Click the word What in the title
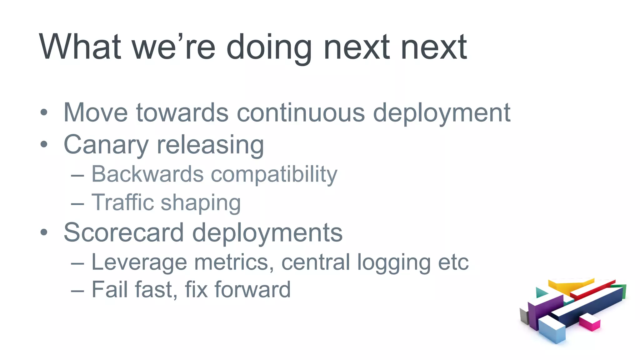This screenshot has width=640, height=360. (80, 47)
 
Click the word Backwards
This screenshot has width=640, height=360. (147, 174)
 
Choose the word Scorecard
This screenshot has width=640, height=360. (124, 232)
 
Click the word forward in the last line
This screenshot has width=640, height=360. (252, 290)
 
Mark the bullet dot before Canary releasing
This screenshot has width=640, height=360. (44, 144)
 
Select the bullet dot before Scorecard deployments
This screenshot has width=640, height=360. (44, 232)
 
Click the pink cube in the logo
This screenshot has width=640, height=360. (589, 322)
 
